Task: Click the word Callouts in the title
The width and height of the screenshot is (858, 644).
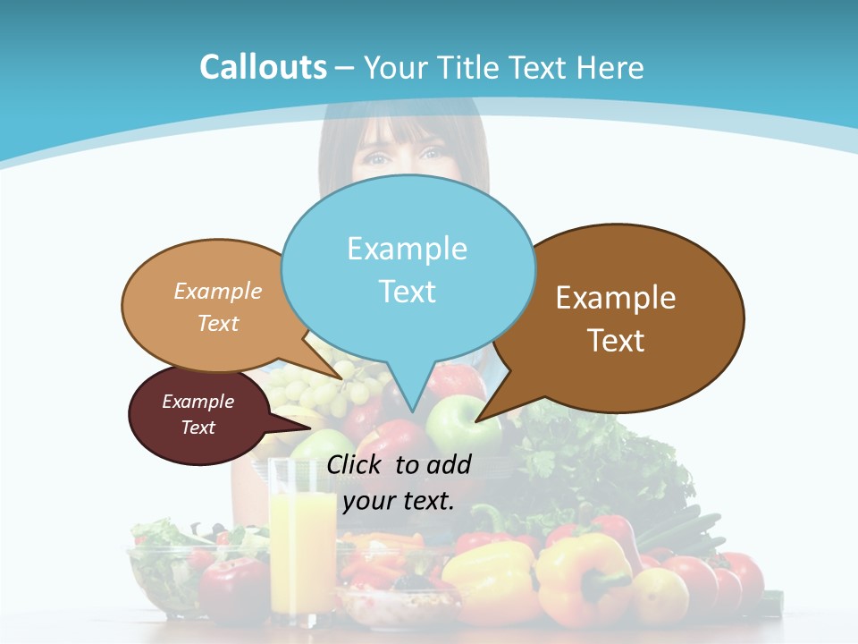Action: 263,67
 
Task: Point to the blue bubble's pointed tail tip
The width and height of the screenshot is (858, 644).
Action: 412,411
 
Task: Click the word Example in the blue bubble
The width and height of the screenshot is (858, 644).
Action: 407,249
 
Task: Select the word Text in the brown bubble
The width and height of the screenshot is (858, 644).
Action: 616,341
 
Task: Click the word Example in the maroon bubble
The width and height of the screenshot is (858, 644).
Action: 198,402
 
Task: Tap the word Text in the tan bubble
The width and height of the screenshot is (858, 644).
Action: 218,324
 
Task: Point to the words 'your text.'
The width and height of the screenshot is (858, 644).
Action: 399,501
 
